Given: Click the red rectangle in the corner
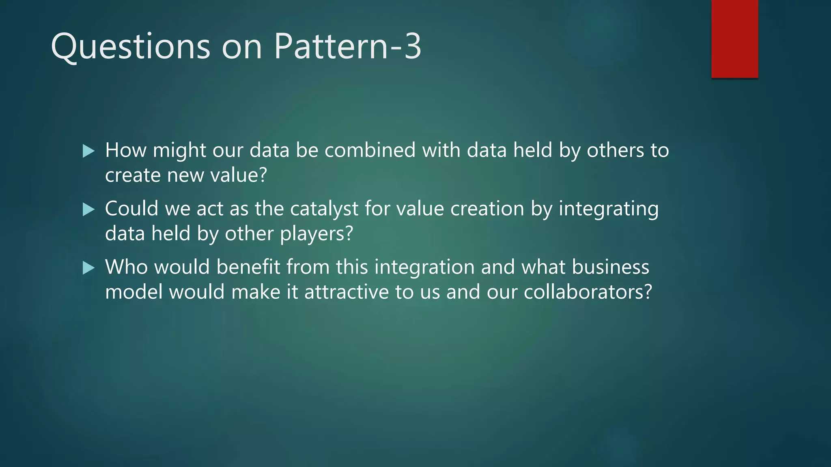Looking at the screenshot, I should point(734,39).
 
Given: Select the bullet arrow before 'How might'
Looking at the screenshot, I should point(88,151).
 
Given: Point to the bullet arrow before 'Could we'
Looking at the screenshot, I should point(88,210).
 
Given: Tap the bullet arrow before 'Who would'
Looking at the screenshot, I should point(88,268).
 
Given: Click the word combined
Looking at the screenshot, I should point(370,150).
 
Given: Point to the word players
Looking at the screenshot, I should point(316,234).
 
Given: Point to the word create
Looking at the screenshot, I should point(133,176).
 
